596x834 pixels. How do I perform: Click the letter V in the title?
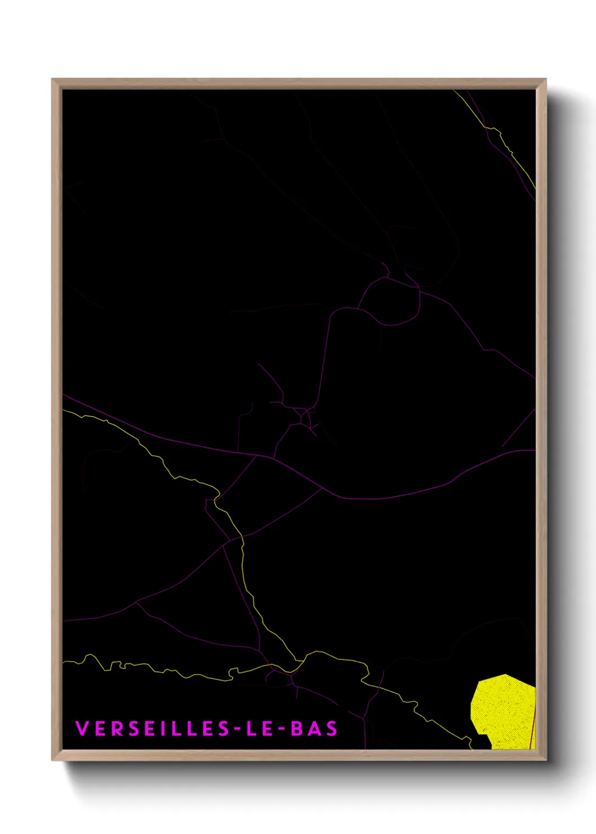coord(82,729)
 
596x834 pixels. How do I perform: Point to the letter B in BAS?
coord(297,729)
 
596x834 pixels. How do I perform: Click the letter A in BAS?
coord(314,729)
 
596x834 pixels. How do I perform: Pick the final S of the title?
coord(331,729)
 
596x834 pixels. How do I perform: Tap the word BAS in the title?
coord(314,729)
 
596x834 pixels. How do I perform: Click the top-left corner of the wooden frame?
coord(54,81)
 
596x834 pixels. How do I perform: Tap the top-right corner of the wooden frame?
coord(544,81)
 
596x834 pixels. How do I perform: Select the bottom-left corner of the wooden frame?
coord(54,758)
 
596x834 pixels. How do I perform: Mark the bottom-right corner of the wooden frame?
coord(544,758)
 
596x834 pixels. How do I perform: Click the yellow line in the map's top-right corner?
coord(510,151)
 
